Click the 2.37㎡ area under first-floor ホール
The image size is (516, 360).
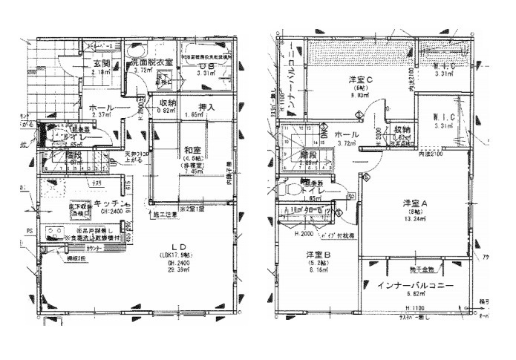point(94,115)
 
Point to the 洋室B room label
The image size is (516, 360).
point(318,256)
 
